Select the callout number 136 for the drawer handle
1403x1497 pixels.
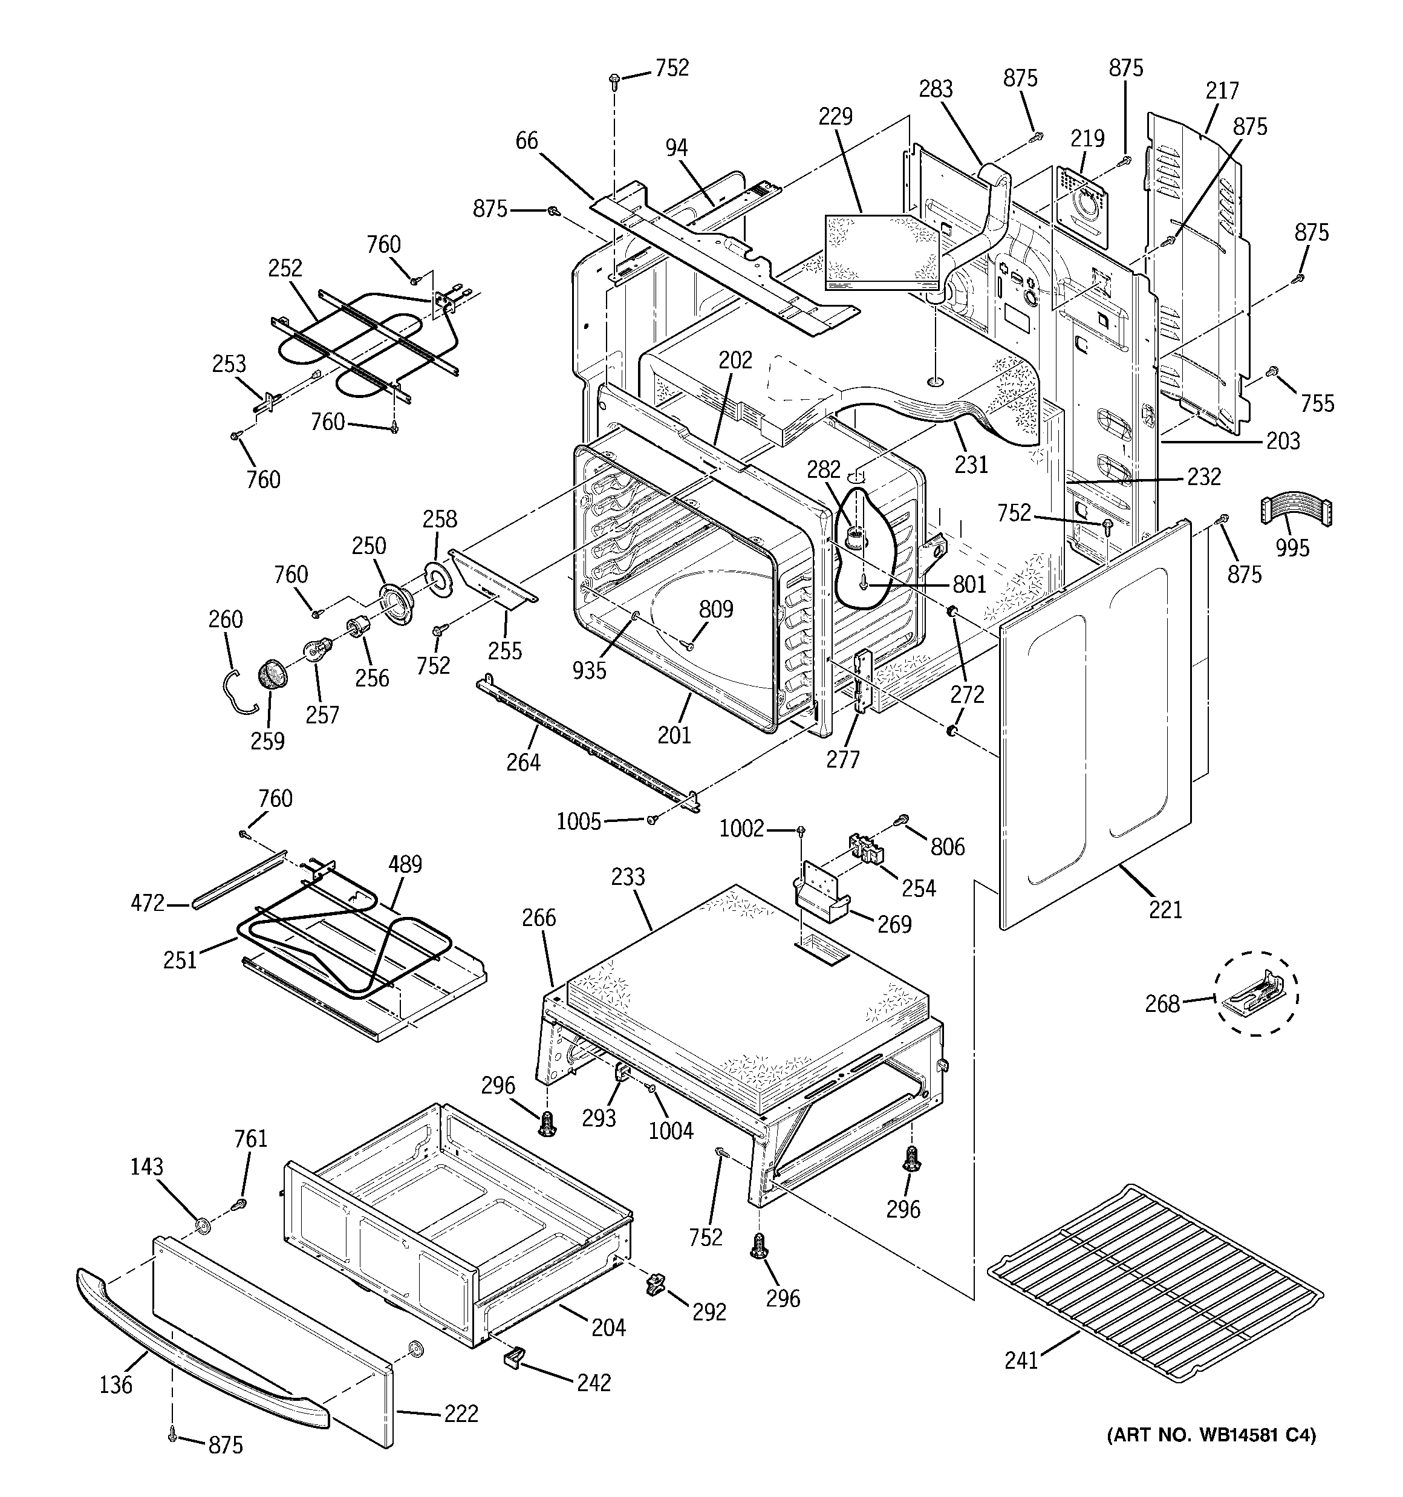pyautogui.click(x=116, y=1384)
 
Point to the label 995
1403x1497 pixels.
pyautogui.click(x=1292, y=547)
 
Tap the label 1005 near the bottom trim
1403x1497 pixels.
pyautogui.click(x=578, y=821)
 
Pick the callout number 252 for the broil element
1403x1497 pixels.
pyautogui.click(x=285, y=268)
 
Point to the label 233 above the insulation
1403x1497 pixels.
pyautogui.click(x=628, y=876)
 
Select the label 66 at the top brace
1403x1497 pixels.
pyautogui.click(x=527, y=141)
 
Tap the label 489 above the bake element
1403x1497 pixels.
pyautogui.click(x=405, y=864)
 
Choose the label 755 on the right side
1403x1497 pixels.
pyautogui.click(x=1317, y=403)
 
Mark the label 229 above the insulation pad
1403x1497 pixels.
pyautogui.click(x=835, y=117)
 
